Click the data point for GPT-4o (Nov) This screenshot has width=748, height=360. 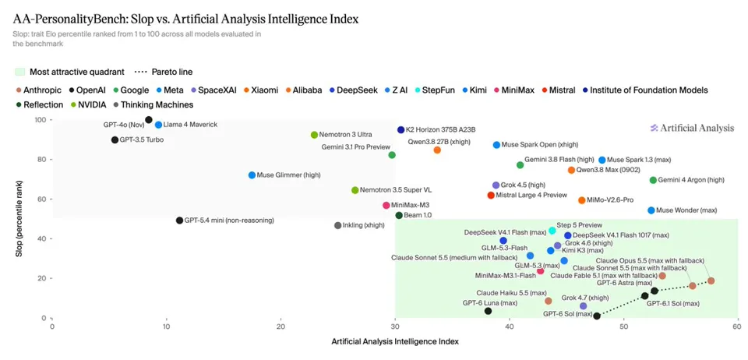click(x=149, y=120)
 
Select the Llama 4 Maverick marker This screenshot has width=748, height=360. click(x=158, y=125)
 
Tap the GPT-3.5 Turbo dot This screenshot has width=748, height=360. click(x=115, y=139)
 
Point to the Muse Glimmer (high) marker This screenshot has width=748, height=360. click(x=252, y=175)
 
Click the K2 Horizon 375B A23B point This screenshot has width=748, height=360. click(x=400, y=129)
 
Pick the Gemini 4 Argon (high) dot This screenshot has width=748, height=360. click(x=653, y=180)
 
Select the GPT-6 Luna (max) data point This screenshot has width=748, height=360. click(x=488, y=311)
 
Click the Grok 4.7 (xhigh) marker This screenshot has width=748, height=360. click(x=583, y=305)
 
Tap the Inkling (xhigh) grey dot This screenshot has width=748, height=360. click(x=337, y=225)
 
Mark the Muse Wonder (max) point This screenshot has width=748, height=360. click(x=651, y=210)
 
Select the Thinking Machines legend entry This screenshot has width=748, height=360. click(x=153, y=104)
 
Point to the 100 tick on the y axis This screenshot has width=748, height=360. click(x=42, y=120)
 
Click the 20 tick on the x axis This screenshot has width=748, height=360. click(x=281, y=327)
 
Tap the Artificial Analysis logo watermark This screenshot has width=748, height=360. click(x=692, y=128)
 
